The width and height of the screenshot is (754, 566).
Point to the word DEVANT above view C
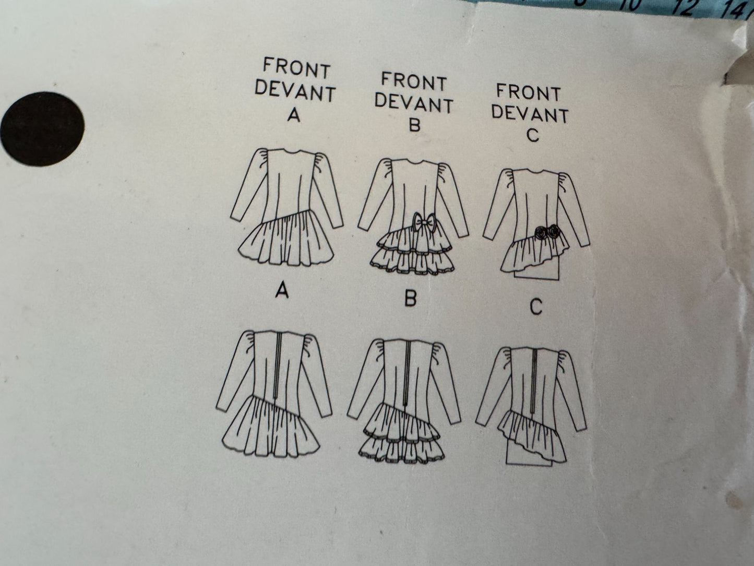point(530,113)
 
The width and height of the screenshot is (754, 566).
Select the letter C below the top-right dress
point(535,308)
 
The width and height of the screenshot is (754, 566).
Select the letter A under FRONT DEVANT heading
point(294,115)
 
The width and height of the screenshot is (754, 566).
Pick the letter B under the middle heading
point(414,125)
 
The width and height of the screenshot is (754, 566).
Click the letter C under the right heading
point(532,135)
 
